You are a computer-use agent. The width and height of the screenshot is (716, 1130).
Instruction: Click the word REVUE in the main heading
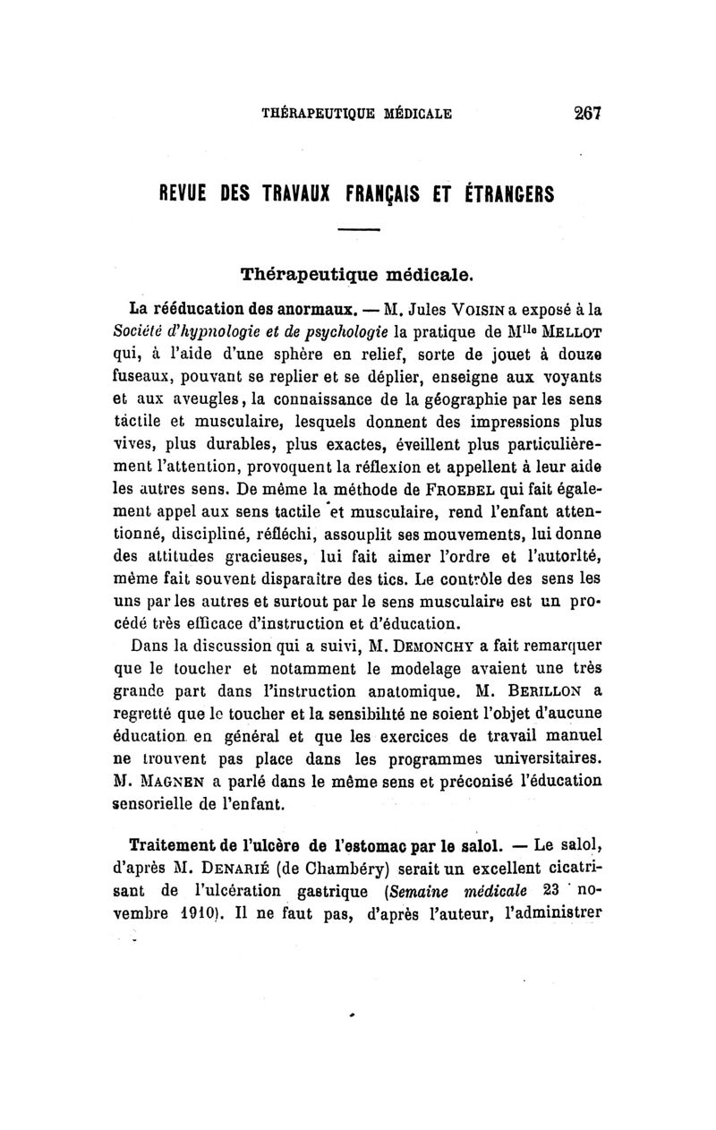(189, 193)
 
